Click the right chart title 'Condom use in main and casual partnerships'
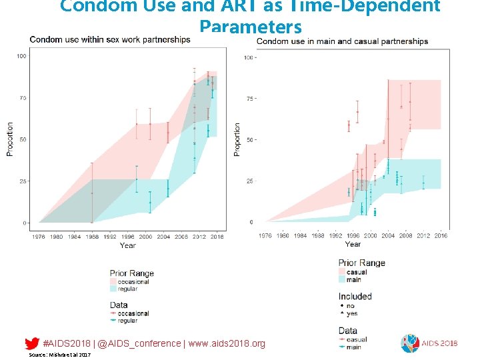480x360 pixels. [342, 41]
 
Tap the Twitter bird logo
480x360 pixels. [31, 343]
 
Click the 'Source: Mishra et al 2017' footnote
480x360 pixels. [59, 355]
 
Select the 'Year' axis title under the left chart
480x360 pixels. [127, 245]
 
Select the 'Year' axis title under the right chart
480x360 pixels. [353, 244]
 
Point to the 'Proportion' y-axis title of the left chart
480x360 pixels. [10, 139]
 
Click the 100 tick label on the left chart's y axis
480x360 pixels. [21, 56]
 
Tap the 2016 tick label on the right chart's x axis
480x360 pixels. [441, 235]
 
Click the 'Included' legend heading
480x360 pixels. [355, 296]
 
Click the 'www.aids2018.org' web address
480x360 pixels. [226, 343]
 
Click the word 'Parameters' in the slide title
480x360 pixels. [250, 27]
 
